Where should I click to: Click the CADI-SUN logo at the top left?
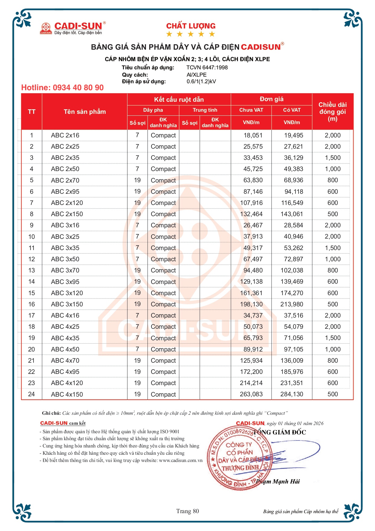coord(73,28)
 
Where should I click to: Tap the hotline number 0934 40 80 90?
coord(62,88)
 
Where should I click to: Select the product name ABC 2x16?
coord(65,135)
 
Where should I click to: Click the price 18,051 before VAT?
coord(253,135)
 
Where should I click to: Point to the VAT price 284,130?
coord(292,394)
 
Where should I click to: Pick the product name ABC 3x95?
coord(65,282)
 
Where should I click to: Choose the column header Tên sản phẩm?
coord(85,112)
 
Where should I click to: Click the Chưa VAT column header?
coord(251,110)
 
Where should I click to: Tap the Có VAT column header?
coord(292,110)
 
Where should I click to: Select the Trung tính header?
coord(205,110)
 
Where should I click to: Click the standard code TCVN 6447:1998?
coord(207,68)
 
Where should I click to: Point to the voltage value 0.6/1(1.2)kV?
coord(201,81)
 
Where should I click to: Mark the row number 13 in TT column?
coord(31,270)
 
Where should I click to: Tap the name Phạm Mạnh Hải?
coord(278,481)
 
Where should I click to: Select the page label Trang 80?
coord(187,511)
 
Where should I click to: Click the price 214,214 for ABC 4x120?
coord(251,383)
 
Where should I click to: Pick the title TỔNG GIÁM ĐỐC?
coord(280,432)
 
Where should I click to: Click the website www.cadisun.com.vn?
coord(181,460)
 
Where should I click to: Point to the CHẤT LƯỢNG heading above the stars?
coord(191,26)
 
